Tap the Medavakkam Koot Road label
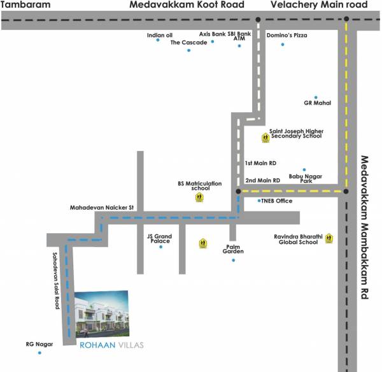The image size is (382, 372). coord(187,5)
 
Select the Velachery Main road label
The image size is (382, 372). coord(319,5)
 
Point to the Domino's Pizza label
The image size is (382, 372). coord(286,35)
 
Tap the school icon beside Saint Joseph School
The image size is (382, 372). coord(265,137)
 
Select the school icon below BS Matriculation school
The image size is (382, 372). coord(199,197)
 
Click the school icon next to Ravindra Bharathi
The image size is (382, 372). coord(329,239)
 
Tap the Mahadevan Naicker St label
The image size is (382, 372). coord(103,208)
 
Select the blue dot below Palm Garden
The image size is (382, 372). coord(234,260)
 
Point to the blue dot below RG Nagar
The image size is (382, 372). coord(39,352)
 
